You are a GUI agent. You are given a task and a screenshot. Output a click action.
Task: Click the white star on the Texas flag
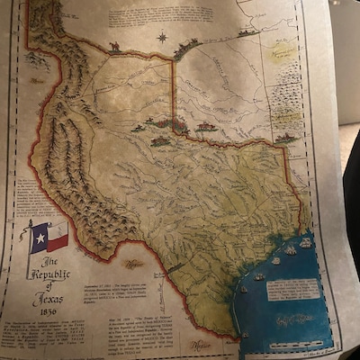click(39, 238)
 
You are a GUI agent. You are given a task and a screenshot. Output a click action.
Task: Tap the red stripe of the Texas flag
click(57, 243)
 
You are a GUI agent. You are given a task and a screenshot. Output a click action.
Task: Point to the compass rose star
click(163, 38)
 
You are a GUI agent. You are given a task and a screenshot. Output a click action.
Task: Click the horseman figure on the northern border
click(114, 46)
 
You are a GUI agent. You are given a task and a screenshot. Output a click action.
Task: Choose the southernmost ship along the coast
click(244, 335)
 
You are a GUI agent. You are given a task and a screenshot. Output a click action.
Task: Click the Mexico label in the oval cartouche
click(134, 264)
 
